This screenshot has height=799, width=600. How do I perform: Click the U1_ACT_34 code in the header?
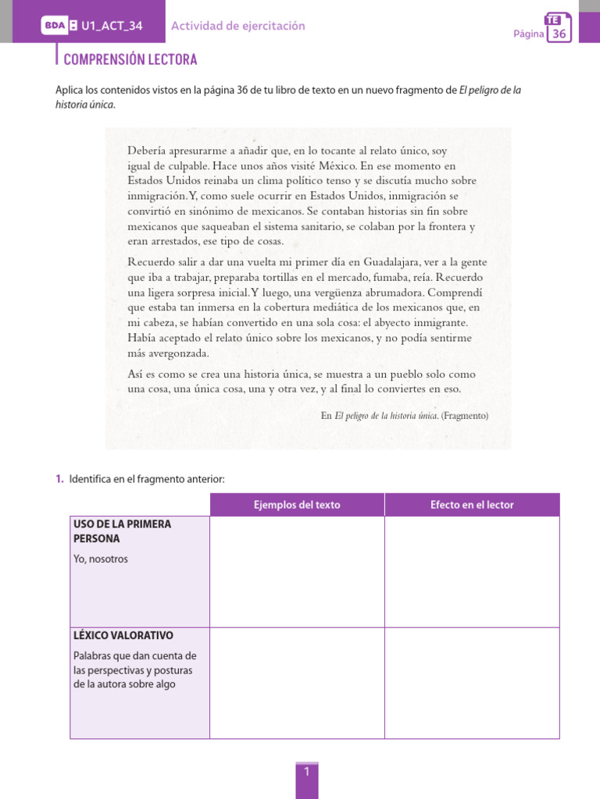(x=112, y=26)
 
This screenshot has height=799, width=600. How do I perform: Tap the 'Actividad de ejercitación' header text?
(x=238, y=26)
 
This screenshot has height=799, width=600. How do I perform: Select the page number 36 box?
(x=559, y=29)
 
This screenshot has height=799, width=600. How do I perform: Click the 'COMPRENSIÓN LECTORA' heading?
(x=130, y=59)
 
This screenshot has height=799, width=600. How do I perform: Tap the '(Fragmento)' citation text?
(x=465, y=416)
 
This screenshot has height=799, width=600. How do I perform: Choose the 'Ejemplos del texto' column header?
(x=297, y=505)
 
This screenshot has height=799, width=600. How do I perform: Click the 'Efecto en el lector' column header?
(x=472, y=505)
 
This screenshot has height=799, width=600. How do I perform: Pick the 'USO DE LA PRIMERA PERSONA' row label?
(x=121, y=531)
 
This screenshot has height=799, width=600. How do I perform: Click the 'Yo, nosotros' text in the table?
(x=100, y=559)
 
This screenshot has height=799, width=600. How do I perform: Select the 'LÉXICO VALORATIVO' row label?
(x=123, y=636)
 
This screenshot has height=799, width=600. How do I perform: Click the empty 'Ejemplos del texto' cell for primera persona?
(x=297, y=572)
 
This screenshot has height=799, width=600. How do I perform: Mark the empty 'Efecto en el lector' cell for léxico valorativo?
(x=472, y=683)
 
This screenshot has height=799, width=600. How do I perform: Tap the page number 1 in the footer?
(x=307, y=772)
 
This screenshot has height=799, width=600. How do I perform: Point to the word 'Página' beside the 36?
(x=528, y=34)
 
